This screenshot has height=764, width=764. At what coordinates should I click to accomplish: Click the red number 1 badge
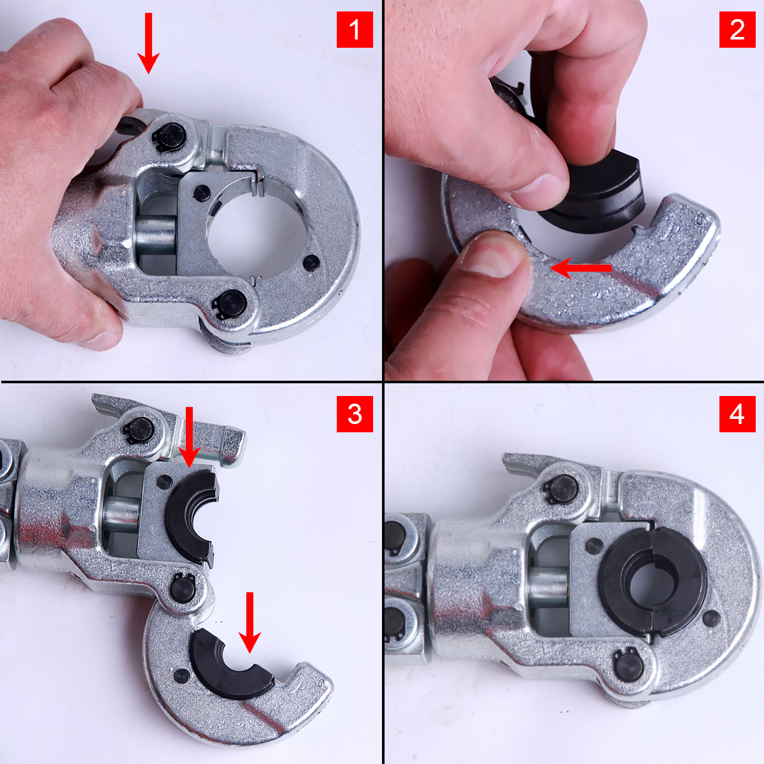click(355, 29)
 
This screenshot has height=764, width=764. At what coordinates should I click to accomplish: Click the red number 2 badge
click(737, 29)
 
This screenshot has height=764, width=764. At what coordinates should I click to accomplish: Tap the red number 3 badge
click(355, 414)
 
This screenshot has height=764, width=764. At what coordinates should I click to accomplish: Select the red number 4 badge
click(737, 414)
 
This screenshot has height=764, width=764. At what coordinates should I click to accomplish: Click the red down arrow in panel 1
click(148, 43)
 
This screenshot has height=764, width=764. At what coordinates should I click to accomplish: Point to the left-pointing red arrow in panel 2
click(581, 269)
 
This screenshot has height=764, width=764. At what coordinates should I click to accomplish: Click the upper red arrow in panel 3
click(189, 437)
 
